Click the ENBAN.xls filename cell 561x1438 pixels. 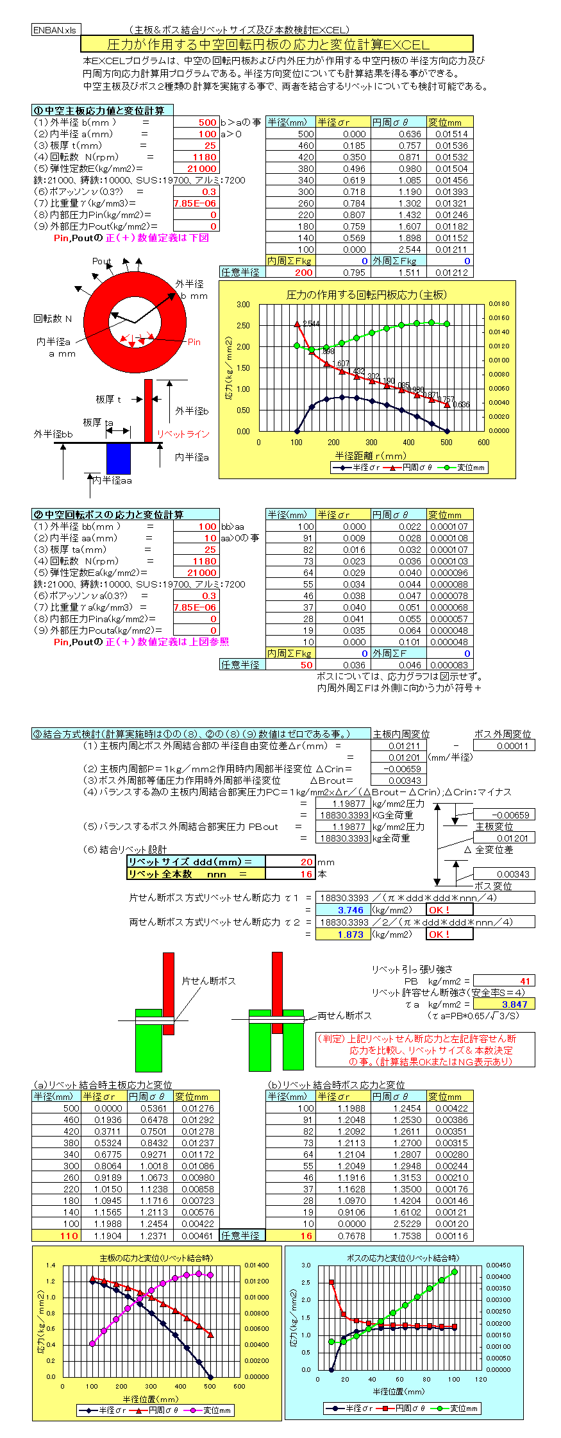tap(56, 30)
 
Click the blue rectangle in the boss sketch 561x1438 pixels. tap(119, 459)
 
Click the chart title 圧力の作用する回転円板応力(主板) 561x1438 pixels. tap(367, 295)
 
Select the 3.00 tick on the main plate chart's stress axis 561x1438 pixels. tap(244, 305)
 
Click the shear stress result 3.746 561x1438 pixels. tap(350, 910)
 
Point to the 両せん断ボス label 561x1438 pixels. tap(344, 1015)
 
